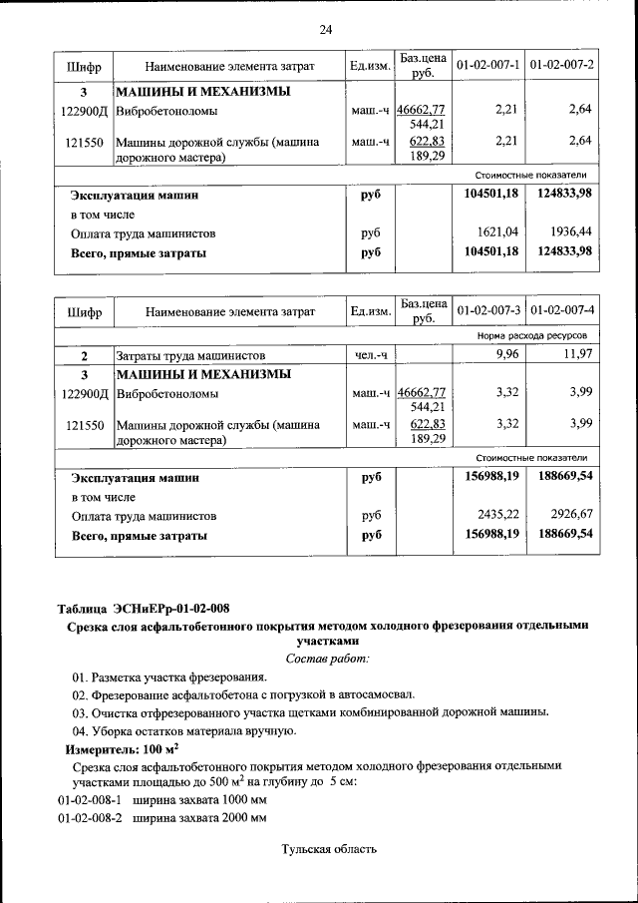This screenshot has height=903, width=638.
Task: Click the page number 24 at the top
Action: point(325,29)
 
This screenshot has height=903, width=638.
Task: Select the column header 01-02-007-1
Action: point(488,66)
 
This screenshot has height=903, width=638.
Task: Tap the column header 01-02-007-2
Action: point(562,66)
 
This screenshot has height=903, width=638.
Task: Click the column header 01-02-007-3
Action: point(488,313)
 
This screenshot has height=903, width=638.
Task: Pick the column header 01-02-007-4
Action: point(562,313)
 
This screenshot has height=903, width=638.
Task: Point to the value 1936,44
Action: point(573,233)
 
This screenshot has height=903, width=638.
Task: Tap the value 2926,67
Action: point(573,516)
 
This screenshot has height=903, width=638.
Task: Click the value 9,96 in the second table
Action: point(508,355)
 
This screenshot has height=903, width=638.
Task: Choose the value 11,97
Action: point(577,355)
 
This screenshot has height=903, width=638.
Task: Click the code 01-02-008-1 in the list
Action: point(89,800)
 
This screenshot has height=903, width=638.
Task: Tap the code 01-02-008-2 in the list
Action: point(89,818)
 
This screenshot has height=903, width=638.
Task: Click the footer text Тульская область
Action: point(328,849)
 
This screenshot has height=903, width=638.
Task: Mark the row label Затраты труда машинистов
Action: point(189,355)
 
